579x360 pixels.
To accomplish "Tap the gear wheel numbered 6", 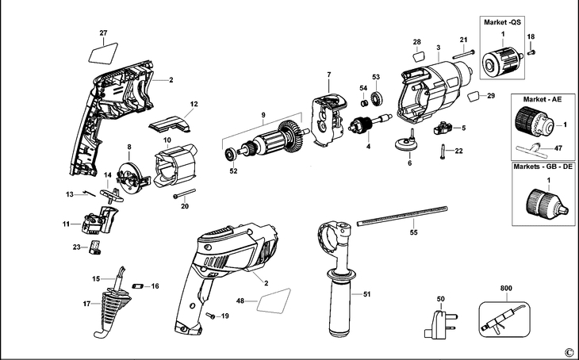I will [408, 145].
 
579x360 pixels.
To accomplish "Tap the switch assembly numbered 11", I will [97, 220].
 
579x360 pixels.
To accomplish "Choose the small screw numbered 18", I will [532, 52].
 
